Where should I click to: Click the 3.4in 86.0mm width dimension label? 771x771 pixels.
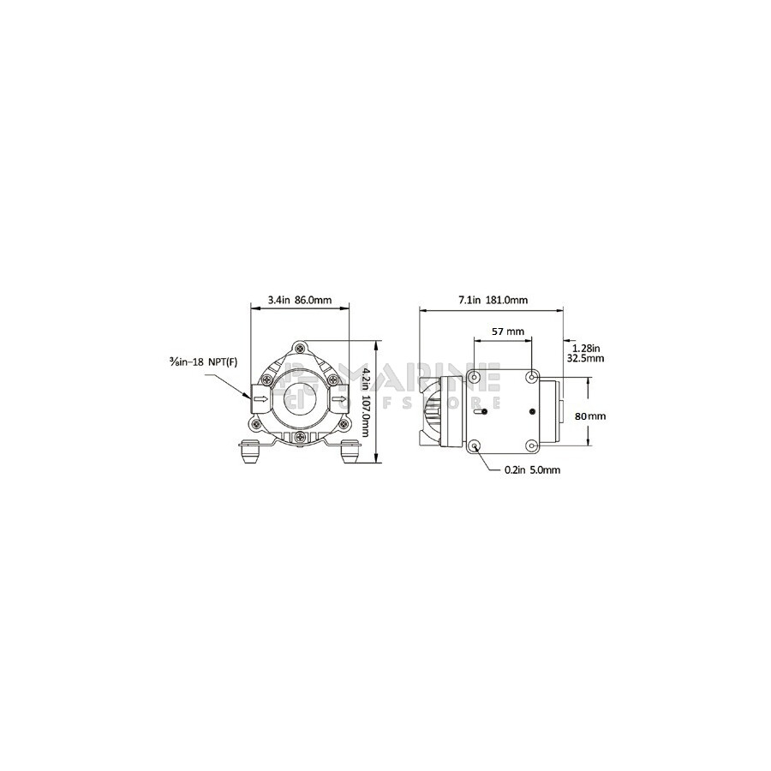[300, 300]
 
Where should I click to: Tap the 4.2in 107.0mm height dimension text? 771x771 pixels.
[365, 401]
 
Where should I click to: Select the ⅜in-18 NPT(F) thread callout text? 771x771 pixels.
[201, 362]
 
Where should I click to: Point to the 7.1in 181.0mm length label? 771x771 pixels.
[493, 300]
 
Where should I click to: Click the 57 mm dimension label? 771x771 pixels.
[508, 332]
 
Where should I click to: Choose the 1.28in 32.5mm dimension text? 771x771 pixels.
[585, 353]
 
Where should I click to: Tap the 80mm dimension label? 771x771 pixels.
[590, 416]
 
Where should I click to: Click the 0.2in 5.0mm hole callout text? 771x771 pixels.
[533, 470]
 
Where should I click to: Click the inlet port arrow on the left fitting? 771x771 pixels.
[263, 398]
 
